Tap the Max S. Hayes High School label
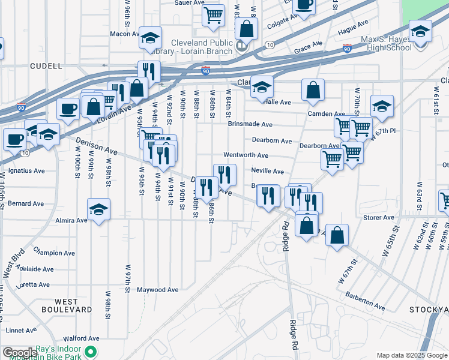point(393,43)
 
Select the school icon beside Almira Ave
point(99,210)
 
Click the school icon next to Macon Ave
point(149,38)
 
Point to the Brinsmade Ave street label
point(250,124)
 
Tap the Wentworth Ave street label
point(246,155)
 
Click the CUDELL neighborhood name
point(45,66)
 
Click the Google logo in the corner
point(20,353)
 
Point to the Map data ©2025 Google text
point(411,355)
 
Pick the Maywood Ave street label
point(158,290)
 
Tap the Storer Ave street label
point(378,217)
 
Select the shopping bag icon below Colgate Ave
point(246,28)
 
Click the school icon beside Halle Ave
point(261,88)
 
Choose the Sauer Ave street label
point(189,3)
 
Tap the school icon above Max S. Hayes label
point(420,31)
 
